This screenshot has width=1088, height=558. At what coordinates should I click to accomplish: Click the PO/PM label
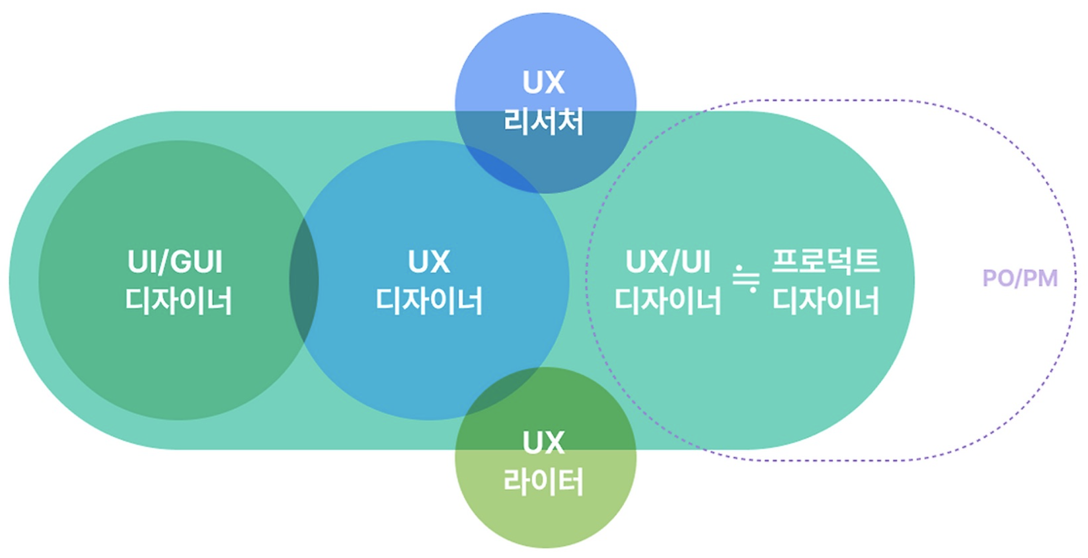click(1019, 278)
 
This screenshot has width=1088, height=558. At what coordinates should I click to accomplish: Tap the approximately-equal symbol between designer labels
click(746, 279)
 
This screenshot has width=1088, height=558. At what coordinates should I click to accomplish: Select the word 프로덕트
click(825, 261)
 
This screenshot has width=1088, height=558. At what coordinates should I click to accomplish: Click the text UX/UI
click(668, 262)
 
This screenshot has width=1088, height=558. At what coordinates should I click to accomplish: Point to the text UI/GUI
click(175, 262)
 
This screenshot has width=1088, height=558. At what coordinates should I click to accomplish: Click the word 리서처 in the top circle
click(544, 121)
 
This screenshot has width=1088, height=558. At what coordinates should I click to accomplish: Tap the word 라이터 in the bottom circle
click(544, 481)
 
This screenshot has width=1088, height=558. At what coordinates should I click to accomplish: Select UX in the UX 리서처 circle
click(544, 82)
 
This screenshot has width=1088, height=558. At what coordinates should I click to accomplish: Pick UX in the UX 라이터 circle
click(544, 443)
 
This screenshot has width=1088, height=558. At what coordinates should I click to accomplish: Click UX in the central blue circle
click(429, 262)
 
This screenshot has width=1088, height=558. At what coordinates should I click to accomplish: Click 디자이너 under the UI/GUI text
click(178, 301)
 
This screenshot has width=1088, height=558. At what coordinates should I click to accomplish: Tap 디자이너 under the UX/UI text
click(668, 301)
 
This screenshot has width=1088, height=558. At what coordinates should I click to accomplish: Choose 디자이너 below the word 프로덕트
click(825, 301)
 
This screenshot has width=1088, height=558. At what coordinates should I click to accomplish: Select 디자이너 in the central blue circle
click(429, 301)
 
